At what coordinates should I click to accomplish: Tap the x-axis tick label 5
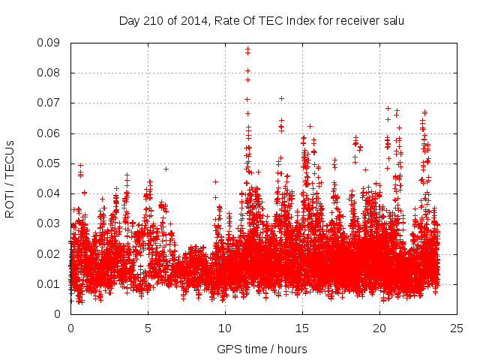click(x=148, y=328)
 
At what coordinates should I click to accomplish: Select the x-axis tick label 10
click(x=225, y=328)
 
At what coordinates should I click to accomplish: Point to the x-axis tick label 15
click(x=302, y=328)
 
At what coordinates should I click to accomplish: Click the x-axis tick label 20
click(x=379, y=328)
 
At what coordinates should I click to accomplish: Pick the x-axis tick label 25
click(x=457, y=328)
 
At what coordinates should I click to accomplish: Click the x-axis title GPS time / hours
click(x=262, y=349)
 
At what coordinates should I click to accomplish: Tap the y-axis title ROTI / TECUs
click(x=10, y=178)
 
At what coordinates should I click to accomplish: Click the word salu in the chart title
click(x=393, y=21)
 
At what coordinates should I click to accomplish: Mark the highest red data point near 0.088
click(x=247, y=49)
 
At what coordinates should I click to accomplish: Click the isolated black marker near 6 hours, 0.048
click(x=166, y=169)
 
